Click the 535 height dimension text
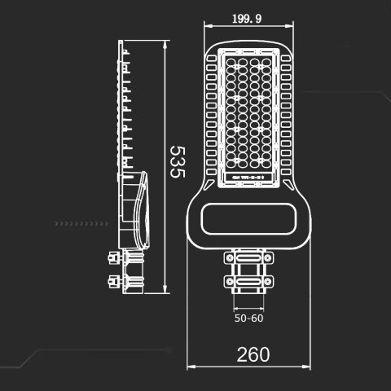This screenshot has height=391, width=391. pyautogui.click(x=178, y=163)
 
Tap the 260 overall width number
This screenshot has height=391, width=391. pyautogui.click(x=253, y=354)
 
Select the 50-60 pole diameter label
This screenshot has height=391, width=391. pyautogui.click(x=249, y=319)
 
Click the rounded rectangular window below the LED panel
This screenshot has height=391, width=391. pyautogui.click(x=248, y=219)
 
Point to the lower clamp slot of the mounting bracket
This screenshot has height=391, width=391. pyautogui.click(x=248, y=282)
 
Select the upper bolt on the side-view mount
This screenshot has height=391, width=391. pyautogui.click(x=111, y=259)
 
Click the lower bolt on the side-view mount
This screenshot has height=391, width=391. pyautogui.click(x=111, y=282)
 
